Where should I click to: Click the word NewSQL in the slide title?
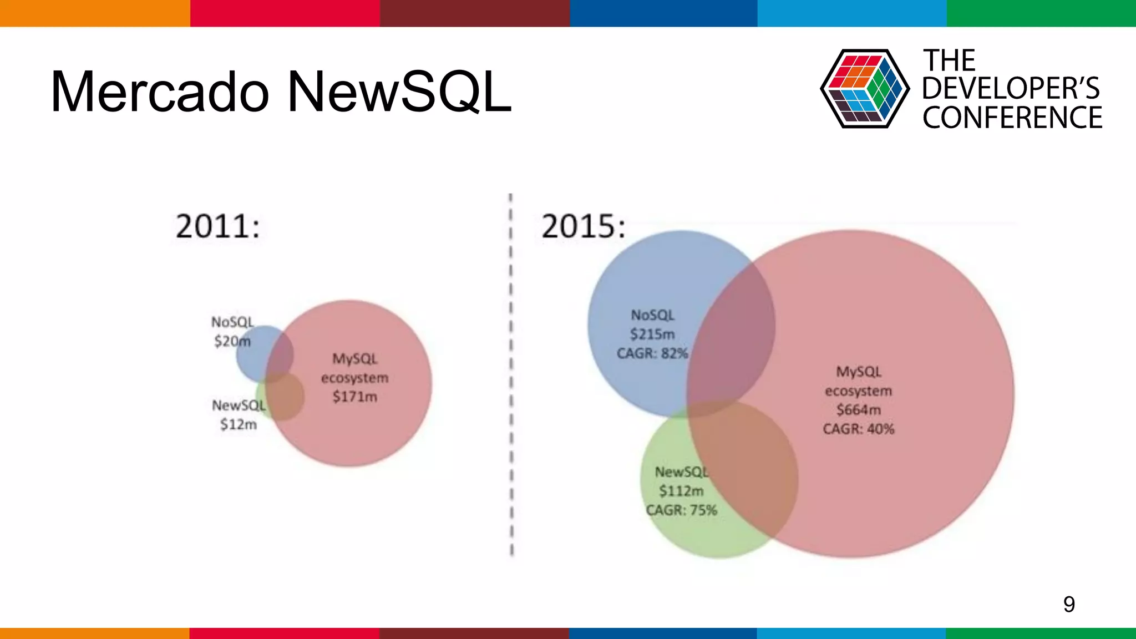(399, 93)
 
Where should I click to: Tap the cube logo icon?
(864, 89)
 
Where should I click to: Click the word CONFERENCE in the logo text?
(1012, 118)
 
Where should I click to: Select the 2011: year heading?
(217, 226)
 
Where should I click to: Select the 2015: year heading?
(583, 226)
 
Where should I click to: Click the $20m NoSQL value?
(232, 341)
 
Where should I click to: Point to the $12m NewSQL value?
(239, 425)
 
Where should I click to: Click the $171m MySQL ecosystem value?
(354, 397)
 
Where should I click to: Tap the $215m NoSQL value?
(652, 334)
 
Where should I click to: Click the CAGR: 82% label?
(652, 354)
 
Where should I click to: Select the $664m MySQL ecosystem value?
(858, 410)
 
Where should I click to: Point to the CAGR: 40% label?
(858, 429)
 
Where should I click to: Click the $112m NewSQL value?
(681, 491)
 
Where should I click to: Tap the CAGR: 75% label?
(681, 510)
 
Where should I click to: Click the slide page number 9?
(1069, 604)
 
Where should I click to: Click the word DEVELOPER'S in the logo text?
(1011, 89)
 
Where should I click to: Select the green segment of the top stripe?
(1041, 13)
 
